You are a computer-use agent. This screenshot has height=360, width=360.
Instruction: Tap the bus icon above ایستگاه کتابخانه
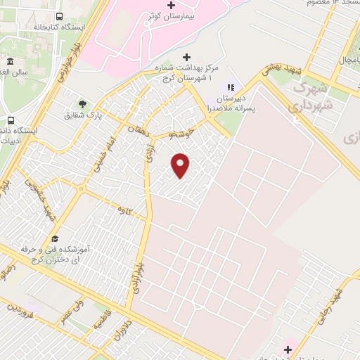point(58,15)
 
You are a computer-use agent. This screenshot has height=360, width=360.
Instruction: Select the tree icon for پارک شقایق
point(83,104)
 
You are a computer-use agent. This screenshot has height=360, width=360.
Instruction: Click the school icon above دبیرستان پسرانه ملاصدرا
point(229,87)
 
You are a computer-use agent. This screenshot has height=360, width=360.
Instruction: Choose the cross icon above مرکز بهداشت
point(186,56)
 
